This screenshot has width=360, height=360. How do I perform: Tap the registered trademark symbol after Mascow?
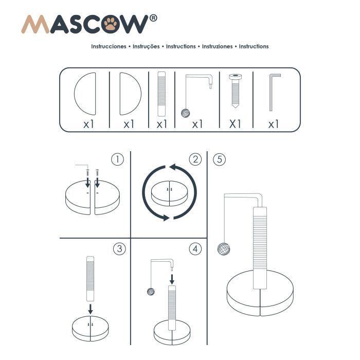click(153, 18)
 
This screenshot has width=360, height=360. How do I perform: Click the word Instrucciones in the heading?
click(109, 46)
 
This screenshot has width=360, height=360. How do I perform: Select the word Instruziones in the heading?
click(217, 46)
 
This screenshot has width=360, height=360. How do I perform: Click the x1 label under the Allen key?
click(273, 124)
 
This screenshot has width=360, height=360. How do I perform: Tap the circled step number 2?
click(195, 159)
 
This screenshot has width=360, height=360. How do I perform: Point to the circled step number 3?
click(119, 249)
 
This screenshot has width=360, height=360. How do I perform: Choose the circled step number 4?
click(195, 249)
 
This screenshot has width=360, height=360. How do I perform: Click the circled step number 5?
click(220, 159)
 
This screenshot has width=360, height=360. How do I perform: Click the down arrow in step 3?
click(91, 309)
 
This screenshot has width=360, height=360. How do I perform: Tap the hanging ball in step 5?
click(224, 249)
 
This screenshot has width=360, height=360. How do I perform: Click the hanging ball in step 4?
click(151, 292)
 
